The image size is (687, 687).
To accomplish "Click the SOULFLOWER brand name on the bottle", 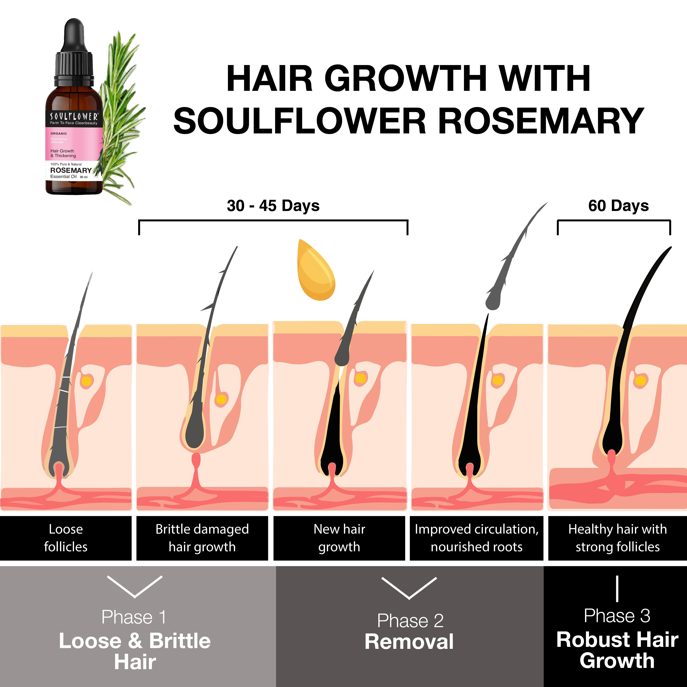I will click(x=74, y=116).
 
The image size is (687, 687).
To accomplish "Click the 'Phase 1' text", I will click(x=134, y=617).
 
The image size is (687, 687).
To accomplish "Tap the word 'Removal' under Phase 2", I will click(x=409, y=642).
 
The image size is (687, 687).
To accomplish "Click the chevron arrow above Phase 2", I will click(x=409, y=589).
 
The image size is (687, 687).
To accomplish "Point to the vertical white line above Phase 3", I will click(x=617, y=589).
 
